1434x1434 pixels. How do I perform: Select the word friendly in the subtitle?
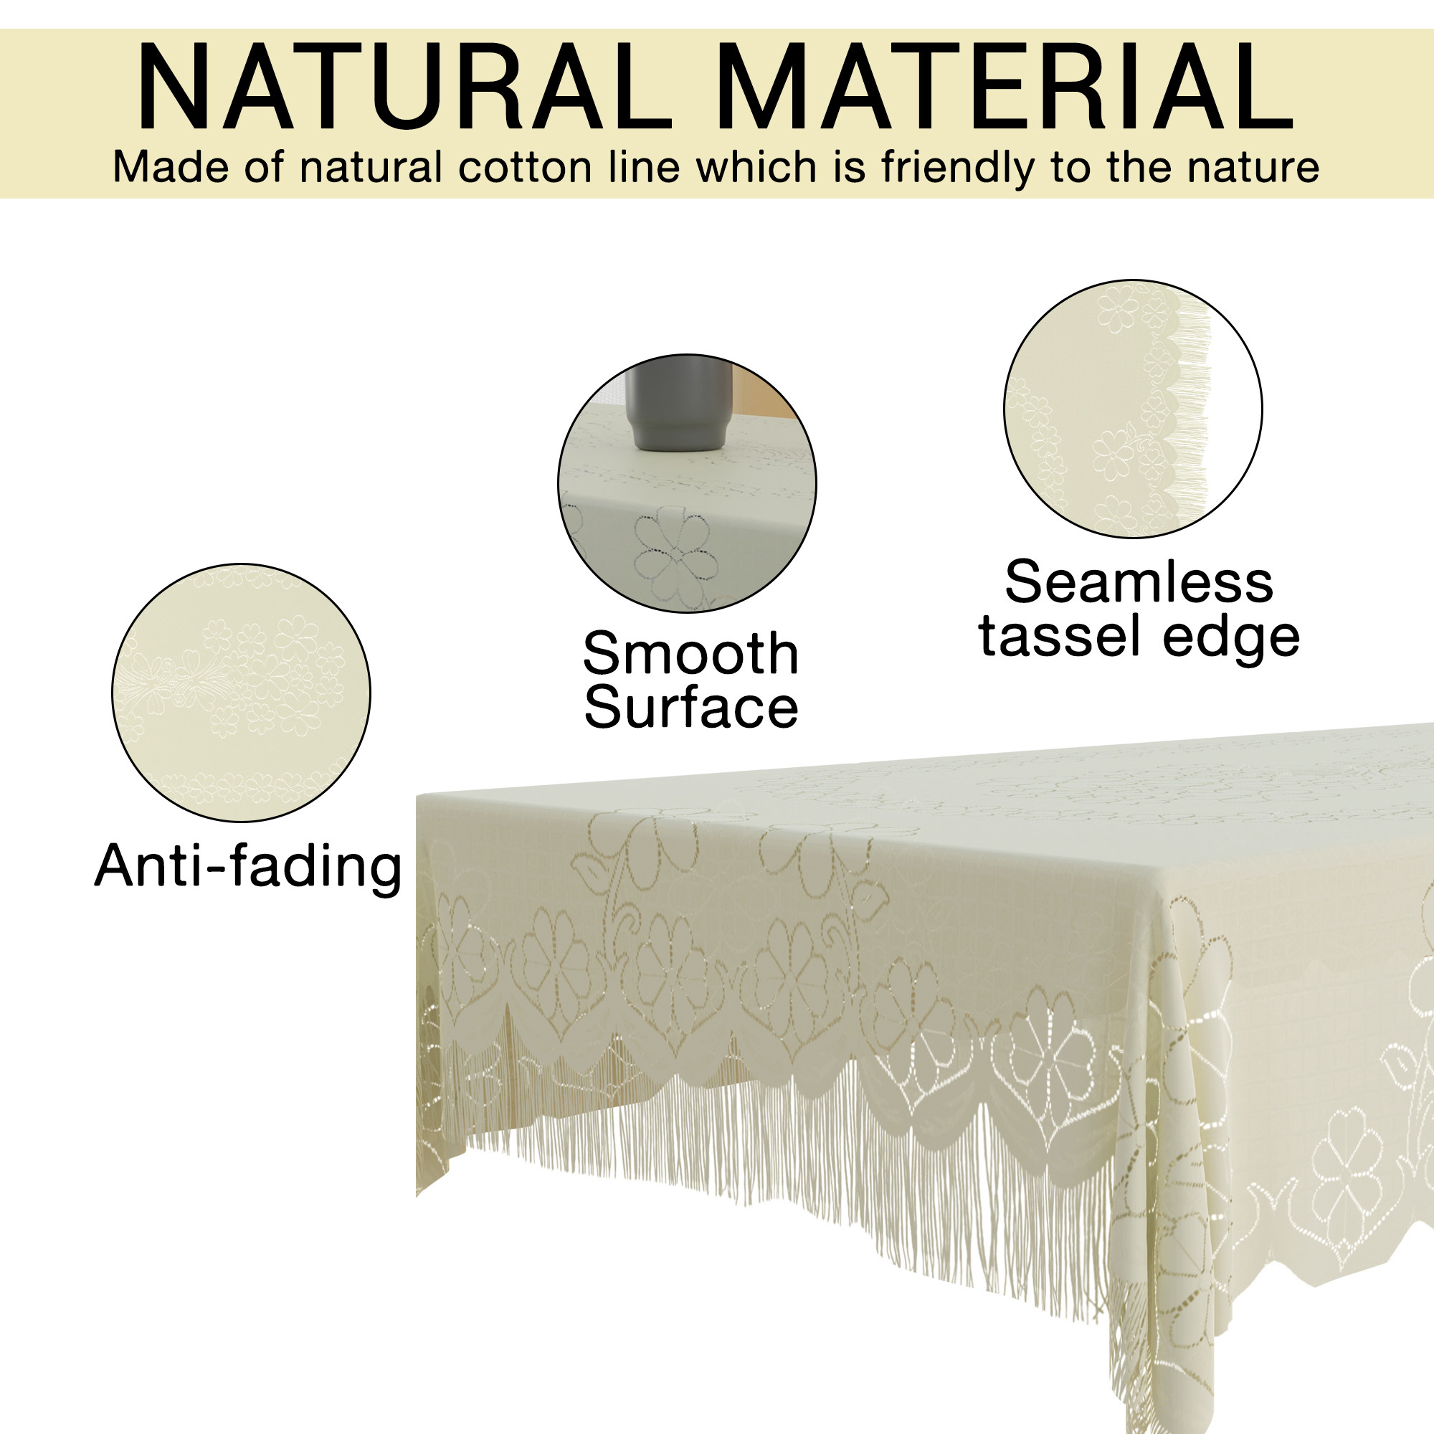(957, 167)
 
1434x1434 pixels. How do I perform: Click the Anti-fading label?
(248, 866)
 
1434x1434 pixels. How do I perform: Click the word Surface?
(690, 708)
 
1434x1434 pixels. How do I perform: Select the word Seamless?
(1139, 583)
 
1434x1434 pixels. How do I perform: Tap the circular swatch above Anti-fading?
(241, 693)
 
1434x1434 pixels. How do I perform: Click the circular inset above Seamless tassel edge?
(1133, 408)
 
